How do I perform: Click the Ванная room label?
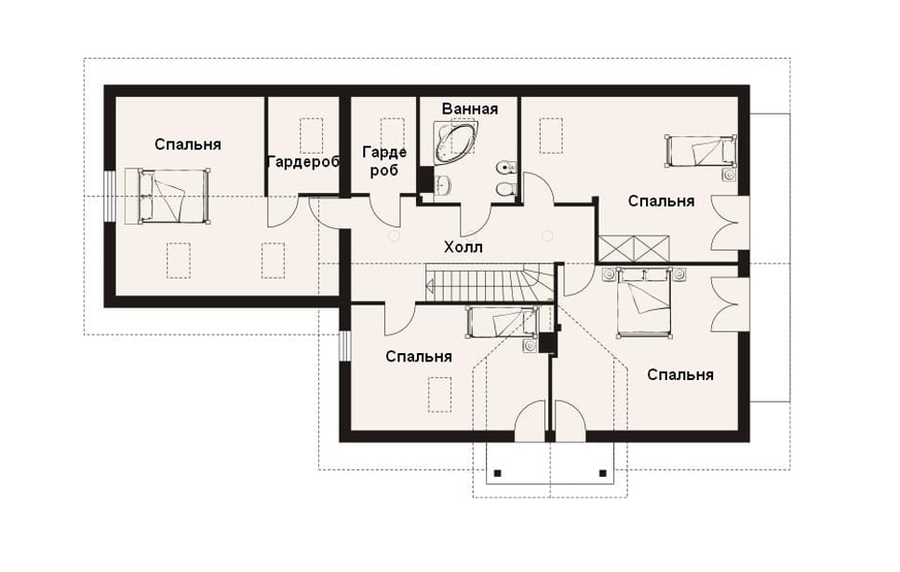pos(469,109)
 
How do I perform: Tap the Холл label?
pos(463,248)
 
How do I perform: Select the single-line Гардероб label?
pos(303,162)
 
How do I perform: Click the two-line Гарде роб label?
pos(384,161)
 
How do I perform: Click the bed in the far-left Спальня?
pos(167,196)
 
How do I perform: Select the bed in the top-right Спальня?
pos(700,151)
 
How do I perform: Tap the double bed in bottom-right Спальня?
pos(643,302)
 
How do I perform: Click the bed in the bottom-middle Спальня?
pos(503,321)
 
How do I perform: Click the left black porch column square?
pos(498,473)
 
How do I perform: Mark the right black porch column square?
pos(603,473)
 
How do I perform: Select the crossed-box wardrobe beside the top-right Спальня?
pos(634,249)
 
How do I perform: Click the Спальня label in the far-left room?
pos(188,144)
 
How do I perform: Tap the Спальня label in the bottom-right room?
pos(680,375)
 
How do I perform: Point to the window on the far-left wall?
pos(109,196)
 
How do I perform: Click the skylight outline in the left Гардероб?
pos(311,135)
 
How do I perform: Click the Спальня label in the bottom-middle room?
pos(419,357)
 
